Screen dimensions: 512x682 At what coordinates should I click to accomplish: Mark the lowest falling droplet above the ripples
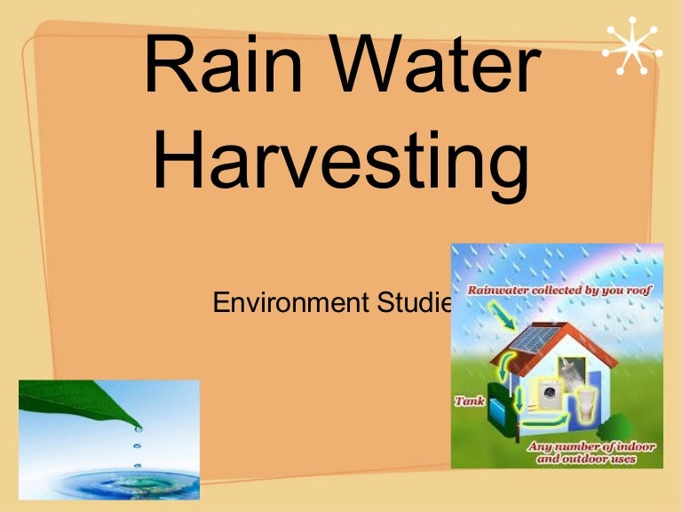[x=136, y=464]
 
